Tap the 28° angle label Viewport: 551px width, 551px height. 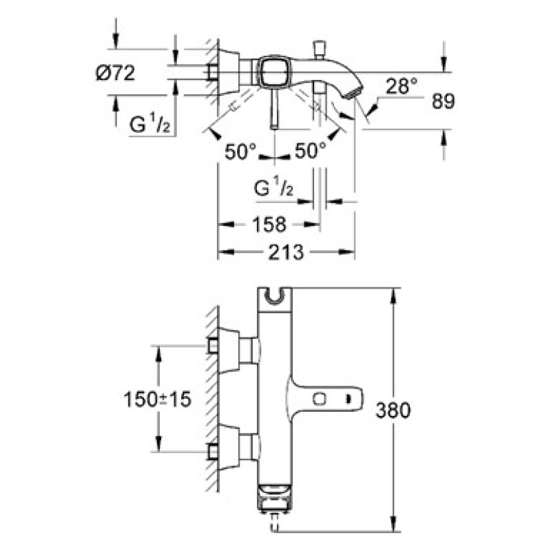[x=402, y=87]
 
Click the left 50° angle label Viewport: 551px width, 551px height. [x=241, y=152]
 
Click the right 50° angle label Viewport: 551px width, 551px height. [x=310, y=152]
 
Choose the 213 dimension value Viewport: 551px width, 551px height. [x=284, y=252]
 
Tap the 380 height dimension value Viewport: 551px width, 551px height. [x=393, y=410]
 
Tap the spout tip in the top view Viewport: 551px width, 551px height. [x=354, y=90]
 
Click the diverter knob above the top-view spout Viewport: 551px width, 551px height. [x=319, y=49]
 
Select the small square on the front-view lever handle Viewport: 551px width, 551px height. [x=319, y=398]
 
